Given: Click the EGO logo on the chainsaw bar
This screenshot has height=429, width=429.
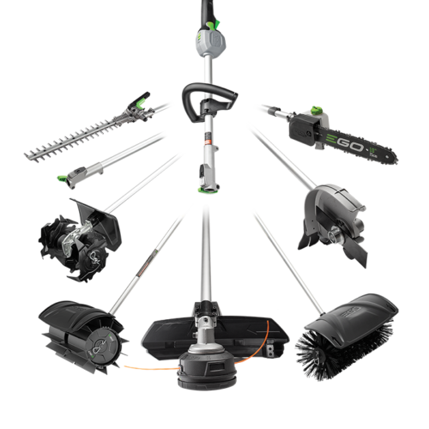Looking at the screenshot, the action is click(x=345, y=142).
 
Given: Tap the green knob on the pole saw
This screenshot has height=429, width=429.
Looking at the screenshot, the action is click(x=317, y=110).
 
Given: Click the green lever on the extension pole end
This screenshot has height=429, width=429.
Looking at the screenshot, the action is click(x=63, y=178).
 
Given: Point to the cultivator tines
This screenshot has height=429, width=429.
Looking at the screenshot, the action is click(x=73, y=247).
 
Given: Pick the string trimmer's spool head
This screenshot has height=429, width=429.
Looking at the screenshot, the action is click(x=207, y=369).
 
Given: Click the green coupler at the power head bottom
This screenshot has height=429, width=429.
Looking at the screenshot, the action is click(x=208, y=190).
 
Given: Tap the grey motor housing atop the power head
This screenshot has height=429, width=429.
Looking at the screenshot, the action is click(x=211, y=43).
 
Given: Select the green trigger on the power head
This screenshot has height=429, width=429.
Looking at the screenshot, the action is click(x=214, y=24).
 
